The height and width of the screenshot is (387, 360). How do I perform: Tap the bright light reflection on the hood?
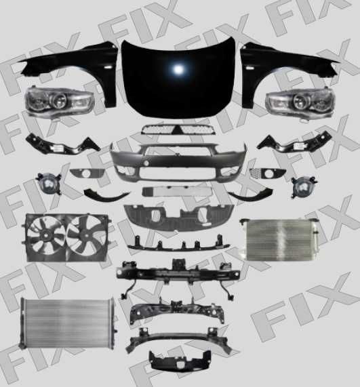(178, 69)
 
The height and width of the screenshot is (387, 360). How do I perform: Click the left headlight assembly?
(59, 100)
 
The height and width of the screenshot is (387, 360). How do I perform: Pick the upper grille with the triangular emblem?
(178, 129)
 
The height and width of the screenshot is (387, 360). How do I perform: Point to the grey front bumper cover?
(178, 162)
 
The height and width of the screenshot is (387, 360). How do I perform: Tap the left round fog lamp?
(49, 183)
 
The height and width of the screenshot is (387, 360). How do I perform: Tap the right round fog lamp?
(304, 186)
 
